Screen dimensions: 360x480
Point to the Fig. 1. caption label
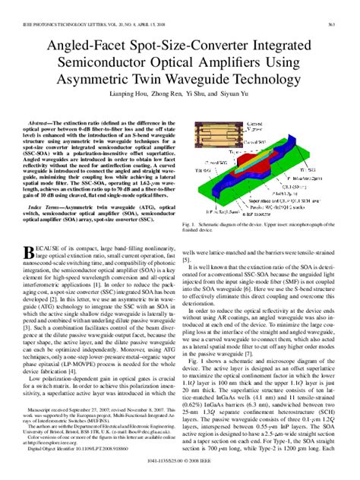[189, 226]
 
